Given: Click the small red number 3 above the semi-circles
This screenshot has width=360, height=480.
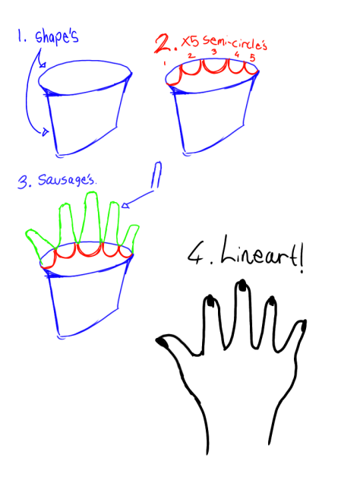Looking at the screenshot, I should tap(214, 52).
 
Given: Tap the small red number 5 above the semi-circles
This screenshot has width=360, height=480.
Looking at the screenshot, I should tap(253, 58).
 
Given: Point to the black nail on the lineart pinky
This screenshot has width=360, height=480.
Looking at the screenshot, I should tap(301, 327).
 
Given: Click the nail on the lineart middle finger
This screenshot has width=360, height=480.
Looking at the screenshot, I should tap(243, 286).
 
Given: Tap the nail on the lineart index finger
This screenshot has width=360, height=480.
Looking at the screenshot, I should tap(209, 303).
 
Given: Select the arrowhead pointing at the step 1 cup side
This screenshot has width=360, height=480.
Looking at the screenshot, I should tap(46, 134).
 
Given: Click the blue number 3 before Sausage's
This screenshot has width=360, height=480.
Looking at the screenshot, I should tap(23, 182).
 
